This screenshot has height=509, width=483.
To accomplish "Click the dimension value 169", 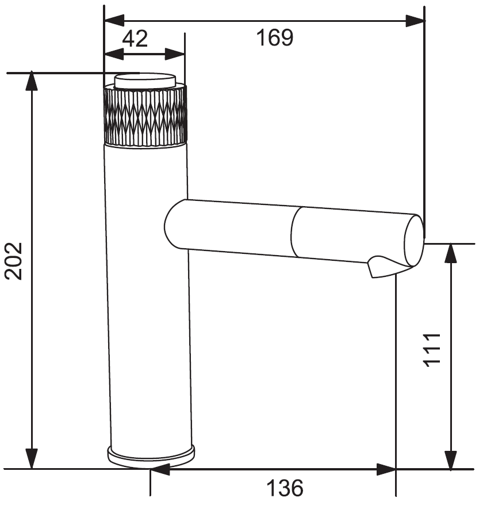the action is pos(275,37).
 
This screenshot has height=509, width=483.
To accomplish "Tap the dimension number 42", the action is pos(135,39).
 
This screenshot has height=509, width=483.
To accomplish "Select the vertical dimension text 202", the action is pos(14,261).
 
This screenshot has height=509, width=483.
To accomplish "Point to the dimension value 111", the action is pos(432,350).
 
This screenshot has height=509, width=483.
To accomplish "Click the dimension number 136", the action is pos(285,488).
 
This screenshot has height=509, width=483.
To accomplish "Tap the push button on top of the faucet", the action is pos(145,81).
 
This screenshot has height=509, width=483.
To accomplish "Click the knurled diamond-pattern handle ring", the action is pos(145,115).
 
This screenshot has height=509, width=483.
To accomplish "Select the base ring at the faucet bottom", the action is pos(151,456).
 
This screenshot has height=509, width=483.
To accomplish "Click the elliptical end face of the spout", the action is pos(414,241).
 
